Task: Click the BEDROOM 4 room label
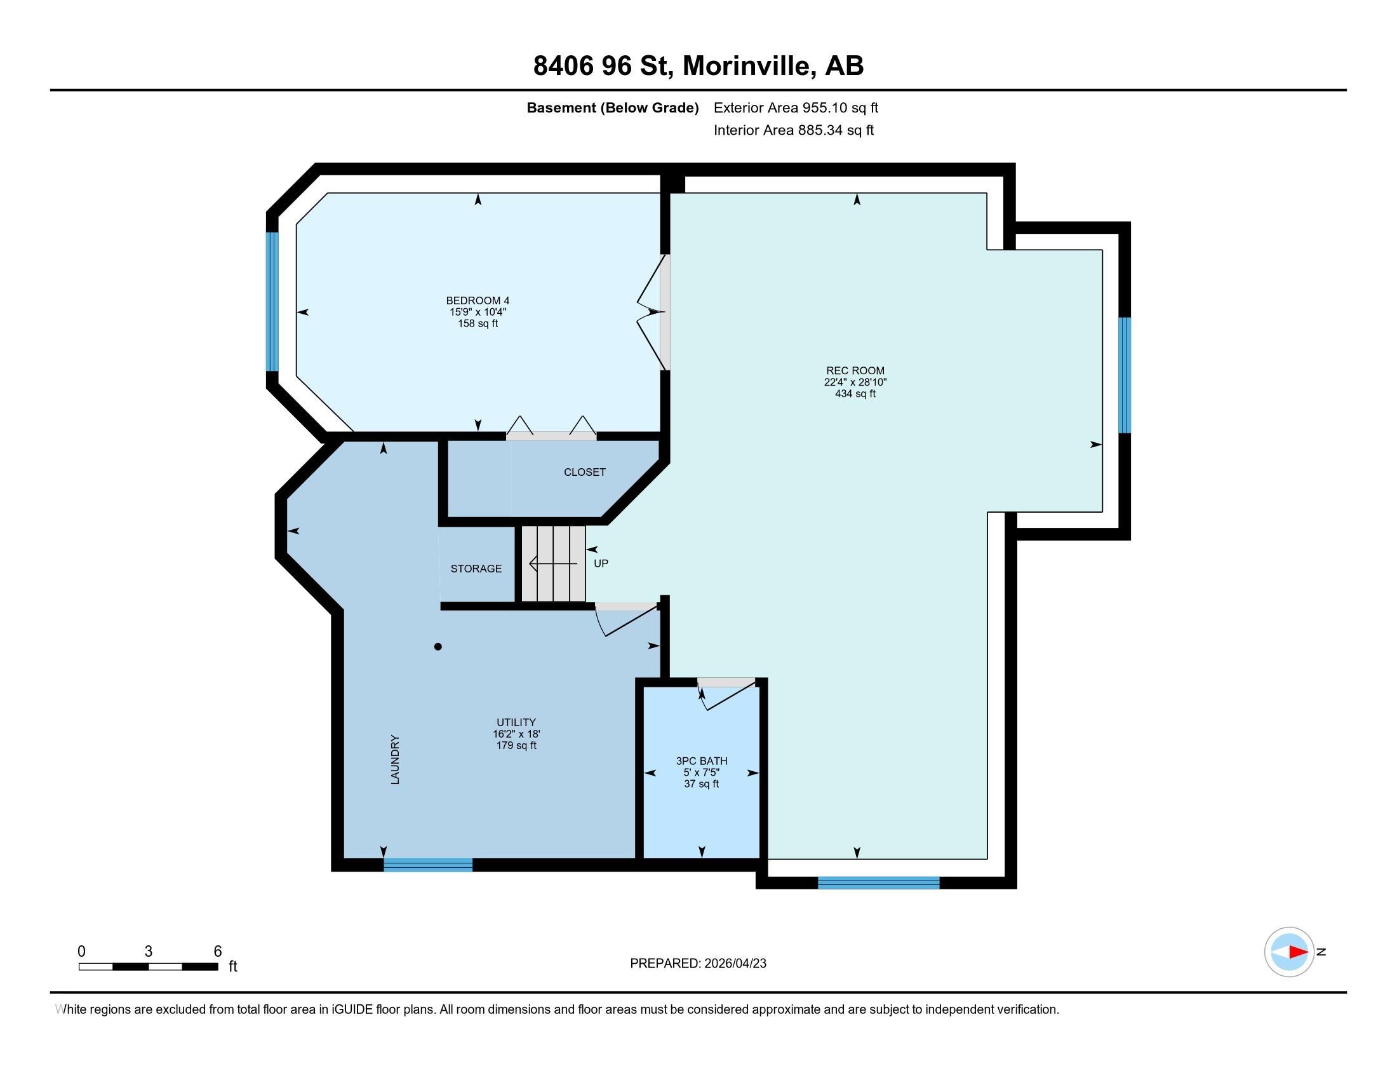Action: pos(477,300)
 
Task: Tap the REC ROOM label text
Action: pos(855,370)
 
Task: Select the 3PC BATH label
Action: pos(701,760)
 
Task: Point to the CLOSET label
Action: pos(584,472)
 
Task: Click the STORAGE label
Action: pos(476,569)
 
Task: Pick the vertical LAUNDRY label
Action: pos(395,759)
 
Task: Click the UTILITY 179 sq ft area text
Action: pos(516,745)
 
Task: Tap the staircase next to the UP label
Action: pos(552,564)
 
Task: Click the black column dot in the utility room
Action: pos(438,647)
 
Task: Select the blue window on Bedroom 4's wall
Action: pos(272,301)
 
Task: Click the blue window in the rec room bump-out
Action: pos(1124,375)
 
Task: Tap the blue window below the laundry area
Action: pos(428,865)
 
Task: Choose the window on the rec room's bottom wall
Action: pos(878,883)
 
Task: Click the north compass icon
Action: pos(1288,952)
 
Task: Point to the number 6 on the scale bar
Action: pos(217,952)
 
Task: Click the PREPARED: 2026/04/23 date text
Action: pos(697,964)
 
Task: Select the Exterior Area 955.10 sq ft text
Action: pos(795,108)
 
